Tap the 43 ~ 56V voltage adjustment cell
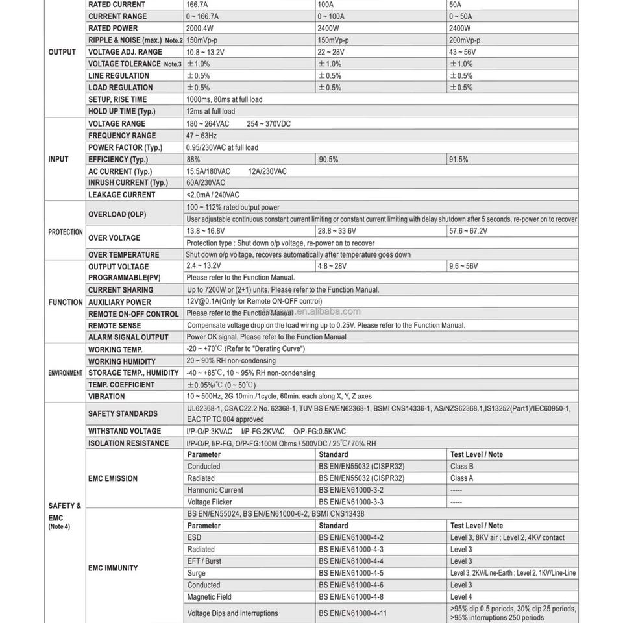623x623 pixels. [x=462, y=52]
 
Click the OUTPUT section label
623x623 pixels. [x=62, y=52]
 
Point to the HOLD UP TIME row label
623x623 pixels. [x=122, y=112]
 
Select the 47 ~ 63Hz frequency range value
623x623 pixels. [x=202, y=136]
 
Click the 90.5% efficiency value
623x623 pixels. [x=328, y=160]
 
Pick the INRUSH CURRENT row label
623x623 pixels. [x=128, y=183]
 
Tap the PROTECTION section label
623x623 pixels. [x=65, y=232]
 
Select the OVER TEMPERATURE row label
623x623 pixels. [x=124, y=255]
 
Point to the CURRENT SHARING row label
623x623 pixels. [x=121, y=290]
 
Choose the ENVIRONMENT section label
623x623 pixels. [x=65, y=373]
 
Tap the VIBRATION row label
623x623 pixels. [x=106, y=397]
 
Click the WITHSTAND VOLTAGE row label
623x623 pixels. [x=125, y=431]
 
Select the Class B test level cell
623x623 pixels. [x=461, y=467]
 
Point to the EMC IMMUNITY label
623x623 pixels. [x=113, y=568]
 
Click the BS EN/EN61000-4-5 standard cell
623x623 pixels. [x=351, y=573]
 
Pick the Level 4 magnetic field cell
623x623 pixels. [x=461, y=597]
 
